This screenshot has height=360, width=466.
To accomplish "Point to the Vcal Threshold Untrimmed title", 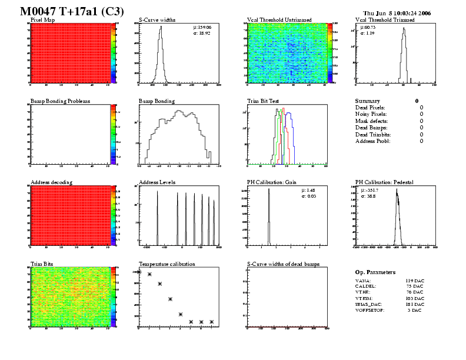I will pyautogui.click(x=279, y=20).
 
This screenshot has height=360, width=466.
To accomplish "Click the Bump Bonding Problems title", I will pyautogui.click(x=60, y=101).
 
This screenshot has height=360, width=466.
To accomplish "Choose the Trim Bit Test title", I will pyautogui.click(x=266, y=101).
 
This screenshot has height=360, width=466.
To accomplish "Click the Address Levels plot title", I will pyautogui.click(x=157, y=182).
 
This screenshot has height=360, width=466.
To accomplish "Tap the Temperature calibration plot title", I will pyautogui.click(x=167, y=264).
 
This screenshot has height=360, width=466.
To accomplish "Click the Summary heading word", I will pyautogui.click(x=368, y=101).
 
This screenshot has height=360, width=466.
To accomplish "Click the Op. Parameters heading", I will pyautogui.click(x=375, y=272).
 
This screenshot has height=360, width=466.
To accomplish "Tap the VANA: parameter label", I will pyautogui.click(x=363, y=281).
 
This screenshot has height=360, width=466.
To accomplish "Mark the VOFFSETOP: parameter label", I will pyautogui.click(x=370, y=310).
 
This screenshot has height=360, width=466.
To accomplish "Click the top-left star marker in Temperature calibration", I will pyautogui.click(x=139, y=272).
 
